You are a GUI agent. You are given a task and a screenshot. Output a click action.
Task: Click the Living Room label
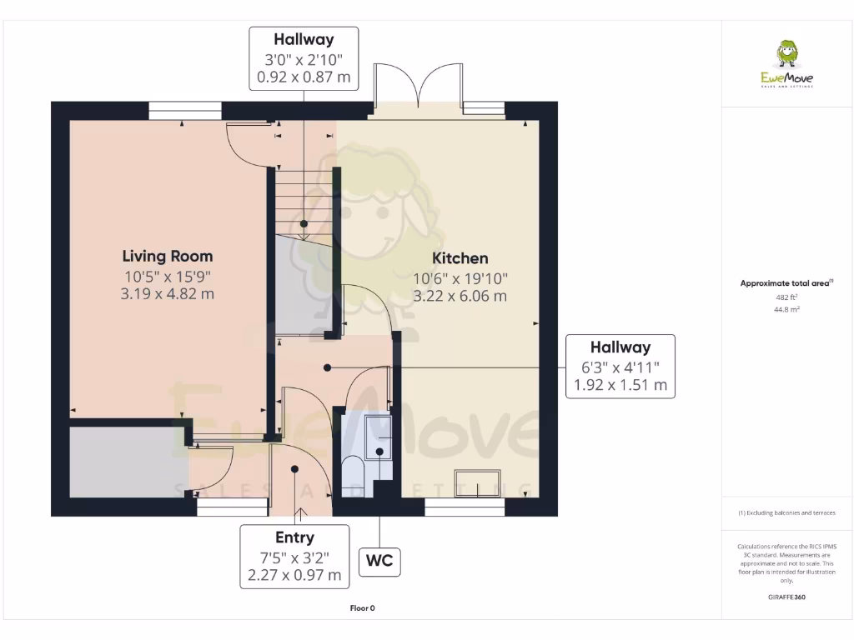click(167, 257)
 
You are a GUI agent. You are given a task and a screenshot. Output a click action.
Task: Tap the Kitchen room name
click(460, 258)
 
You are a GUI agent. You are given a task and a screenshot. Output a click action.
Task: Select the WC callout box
click(379, 561)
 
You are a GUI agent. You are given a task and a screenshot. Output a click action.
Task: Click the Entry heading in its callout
click(294, 537)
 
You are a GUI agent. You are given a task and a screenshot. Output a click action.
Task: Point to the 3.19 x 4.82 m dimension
click(167, 294)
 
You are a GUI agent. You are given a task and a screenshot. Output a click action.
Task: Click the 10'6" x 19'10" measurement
click(460, 278)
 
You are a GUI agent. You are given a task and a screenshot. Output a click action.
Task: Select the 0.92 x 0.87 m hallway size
click(304, 77)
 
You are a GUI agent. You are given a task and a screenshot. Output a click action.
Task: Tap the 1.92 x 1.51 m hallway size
click(620, 385)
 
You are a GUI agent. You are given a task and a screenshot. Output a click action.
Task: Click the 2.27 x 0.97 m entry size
click(294, 575)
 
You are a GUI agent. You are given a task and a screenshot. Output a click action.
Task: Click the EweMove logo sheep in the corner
click(786, 53)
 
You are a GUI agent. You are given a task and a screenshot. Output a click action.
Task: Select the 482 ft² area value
click(786, 297)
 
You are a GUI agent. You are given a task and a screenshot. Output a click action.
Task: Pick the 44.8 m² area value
click(786, 309)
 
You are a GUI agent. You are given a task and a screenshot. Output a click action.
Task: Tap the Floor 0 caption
click(362, 608)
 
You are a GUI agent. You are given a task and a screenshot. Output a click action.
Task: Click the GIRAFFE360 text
click(786, 597)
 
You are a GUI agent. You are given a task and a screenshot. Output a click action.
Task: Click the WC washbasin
click(379, 437)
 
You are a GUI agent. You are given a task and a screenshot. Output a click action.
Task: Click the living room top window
click(185, 111)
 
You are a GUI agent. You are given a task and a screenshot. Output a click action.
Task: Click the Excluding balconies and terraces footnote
click(786, 512)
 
